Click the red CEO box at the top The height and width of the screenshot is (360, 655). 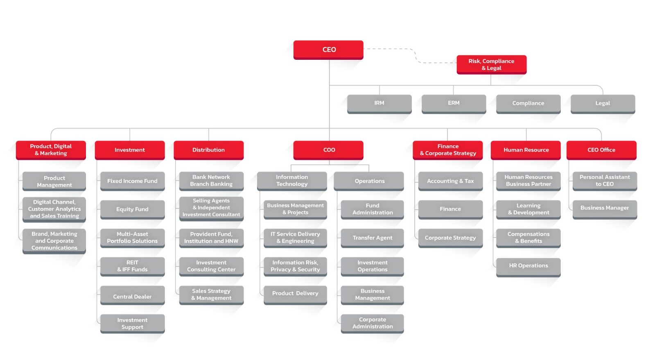click(x=328, y=50)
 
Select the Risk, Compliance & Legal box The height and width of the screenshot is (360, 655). click(x=492, y=65)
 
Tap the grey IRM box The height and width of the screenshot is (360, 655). click(x=379, y=104)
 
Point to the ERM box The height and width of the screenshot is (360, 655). click(x=454, y=104)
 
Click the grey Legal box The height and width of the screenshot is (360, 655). click(x=603, y=104)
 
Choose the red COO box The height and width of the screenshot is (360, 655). click(x=328, y=150)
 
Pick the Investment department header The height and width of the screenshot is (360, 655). click(x=129, y=150)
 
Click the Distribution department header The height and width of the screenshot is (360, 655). click(x=208, y=150)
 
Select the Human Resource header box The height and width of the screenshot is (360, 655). click(x=526, y=150)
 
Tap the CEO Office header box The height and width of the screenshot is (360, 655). click(x=601, y=150)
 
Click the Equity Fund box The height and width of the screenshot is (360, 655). click(x=133, y=210)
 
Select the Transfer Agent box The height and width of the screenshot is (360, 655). click(x=372, y=238)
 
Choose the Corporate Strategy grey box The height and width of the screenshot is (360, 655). click(x=450, y=238)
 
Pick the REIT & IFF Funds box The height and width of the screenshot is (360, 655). click(x=133, y=267)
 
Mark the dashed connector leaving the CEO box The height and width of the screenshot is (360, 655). click(x=416, y=56)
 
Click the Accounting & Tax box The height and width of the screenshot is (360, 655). click(x=450, y=181)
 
